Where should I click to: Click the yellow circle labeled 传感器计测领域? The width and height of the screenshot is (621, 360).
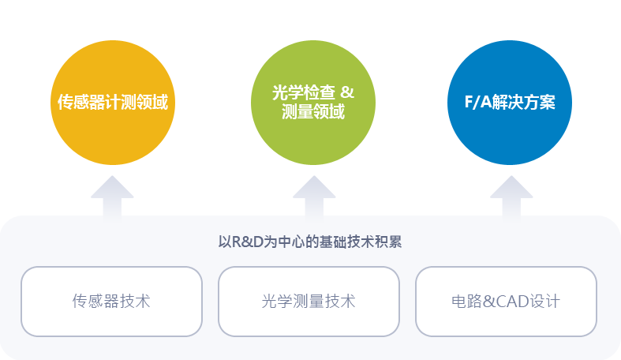point(113,103)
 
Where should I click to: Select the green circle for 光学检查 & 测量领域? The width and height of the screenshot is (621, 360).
point(313,103)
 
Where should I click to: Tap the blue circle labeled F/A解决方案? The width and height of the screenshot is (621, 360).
point(510,103)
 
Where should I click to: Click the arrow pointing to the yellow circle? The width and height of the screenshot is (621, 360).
point(113,198)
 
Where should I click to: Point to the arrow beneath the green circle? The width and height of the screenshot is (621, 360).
point(314,198)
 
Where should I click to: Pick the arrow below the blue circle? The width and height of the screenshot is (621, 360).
point(511,198)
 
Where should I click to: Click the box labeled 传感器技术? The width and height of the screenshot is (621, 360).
point(112,302)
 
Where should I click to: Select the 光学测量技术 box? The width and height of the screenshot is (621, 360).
point(309,302)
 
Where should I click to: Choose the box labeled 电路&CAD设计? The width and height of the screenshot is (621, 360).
point(506,302)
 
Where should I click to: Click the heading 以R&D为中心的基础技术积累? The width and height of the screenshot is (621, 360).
point(310,242)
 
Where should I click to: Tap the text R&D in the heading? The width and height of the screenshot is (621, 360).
point(248,242)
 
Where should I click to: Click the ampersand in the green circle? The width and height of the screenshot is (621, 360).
point(347,92)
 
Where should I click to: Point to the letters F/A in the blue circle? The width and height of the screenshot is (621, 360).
point(478,102)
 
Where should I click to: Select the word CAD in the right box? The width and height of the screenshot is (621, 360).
point(512,302)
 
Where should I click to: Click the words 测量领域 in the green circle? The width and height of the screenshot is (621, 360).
point(313,111)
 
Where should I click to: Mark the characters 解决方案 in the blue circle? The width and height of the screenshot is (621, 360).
point(524,102)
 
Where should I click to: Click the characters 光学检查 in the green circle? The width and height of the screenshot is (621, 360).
point(304,92)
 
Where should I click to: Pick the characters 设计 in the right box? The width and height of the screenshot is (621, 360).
point(544,302)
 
